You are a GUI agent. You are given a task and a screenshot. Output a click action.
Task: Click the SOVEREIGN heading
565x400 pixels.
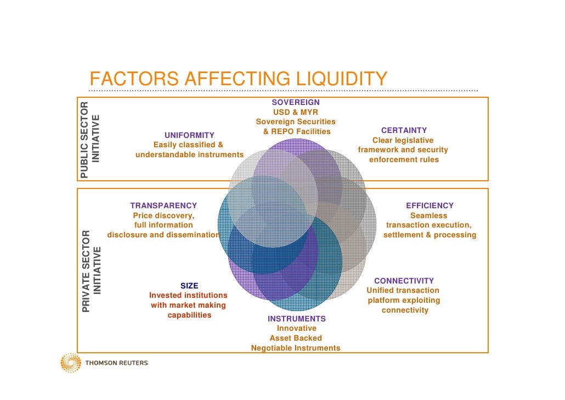click(296, 102)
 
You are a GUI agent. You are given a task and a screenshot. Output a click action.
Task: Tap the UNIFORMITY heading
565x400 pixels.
click(189, 135)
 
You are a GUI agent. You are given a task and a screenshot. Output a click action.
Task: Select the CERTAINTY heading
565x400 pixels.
click(404, 130)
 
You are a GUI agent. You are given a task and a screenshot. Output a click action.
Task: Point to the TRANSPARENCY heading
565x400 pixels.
click(163, 205)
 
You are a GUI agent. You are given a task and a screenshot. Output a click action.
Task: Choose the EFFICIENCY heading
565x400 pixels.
click(430, 205)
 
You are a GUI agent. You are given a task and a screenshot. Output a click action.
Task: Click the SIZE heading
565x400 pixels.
click(189, 286)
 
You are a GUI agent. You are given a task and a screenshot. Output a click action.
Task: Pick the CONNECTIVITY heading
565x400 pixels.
click(404, 281)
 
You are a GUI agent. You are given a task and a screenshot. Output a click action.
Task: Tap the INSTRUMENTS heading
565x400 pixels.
click(296, 319)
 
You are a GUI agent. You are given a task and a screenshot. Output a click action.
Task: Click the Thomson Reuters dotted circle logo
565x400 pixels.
click(71, 363)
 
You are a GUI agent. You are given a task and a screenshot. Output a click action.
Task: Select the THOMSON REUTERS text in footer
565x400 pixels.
click(116, 363)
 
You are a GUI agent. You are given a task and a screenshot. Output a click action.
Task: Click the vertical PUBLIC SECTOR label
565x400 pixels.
click(84, 140)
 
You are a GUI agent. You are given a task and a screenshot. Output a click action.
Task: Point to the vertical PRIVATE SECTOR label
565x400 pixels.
click(86, 271)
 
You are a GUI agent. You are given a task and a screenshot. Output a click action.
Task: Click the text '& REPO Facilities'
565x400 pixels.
click(296, 131)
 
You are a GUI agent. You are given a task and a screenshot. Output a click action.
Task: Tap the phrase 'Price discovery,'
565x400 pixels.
click(163, 215)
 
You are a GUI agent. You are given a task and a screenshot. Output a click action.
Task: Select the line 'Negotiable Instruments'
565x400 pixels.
click(296, 348)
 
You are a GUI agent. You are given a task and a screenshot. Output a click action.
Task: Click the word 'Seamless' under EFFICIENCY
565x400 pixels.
click(429, 215)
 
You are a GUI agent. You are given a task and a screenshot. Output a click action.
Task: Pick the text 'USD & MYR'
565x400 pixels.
click(296, 112)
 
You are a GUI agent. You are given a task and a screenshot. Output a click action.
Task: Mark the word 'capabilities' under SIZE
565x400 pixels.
click(189, 315)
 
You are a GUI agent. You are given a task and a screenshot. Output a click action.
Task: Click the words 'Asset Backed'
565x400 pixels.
click(296, 338)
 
